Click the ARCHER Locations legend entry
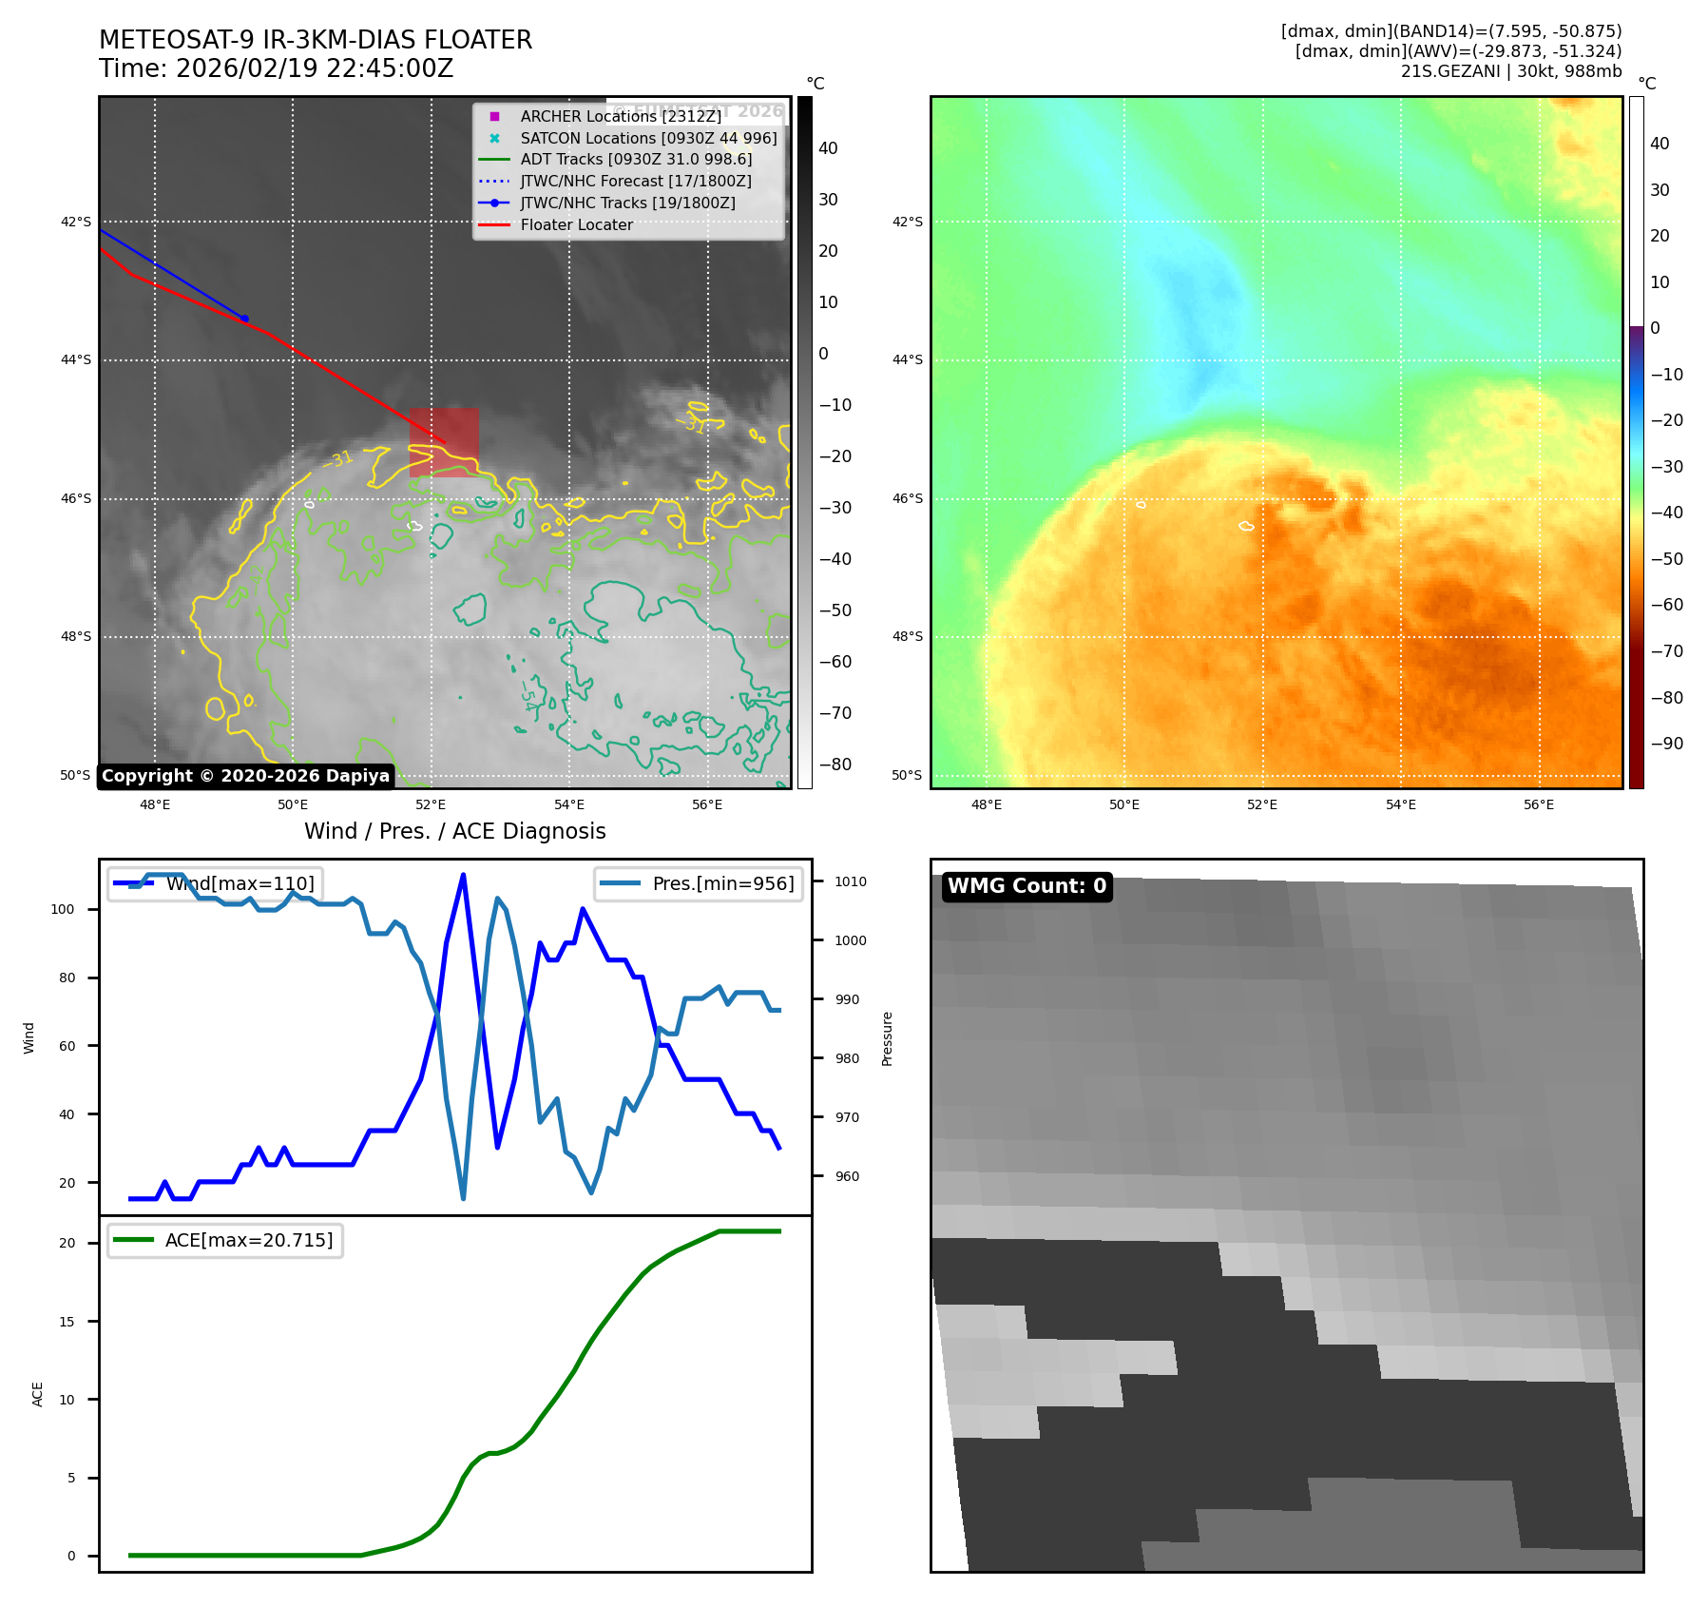[x=620, y=116]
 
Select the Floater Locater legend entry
[x=576, y=224]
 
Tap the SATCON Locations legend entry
[x=647, y=138]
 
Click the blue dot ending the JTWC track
[x=244, y=319]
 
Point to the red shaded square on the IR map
[x=444, y=442]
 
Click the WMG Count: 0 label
[x=1027, y=886]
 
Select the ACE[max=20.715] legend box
[x=225, y=1240]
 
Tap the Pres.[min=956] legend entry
[x=700, y=883]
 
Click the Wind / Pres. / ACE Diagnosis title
[x=454, y=831]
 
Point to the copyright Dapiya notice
[x=245, y=776]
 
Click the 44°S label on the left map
[x=76, y=359]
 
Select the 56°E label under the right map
[x=1538, y=804]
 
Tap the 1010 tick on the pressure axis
[x=851, y=881]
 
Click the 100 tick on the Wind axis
[x=63, y=909]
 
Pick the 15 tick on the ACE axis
[x=67, y=1322]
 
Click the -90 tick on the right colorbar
[x=1666, y=744]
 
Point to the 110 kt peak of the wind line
[x=463, y=875]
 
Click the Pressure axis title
[x=887, y=1038]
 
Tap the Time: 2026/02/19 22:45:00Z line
[x=276, y=68]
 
